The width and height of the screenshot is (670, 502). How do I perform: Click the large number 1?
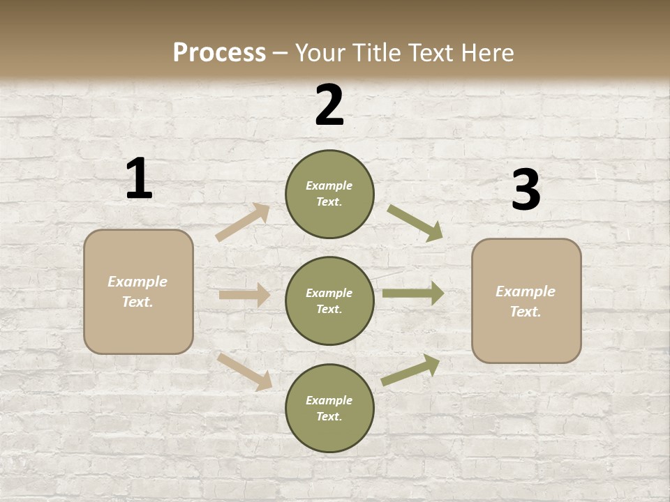139,179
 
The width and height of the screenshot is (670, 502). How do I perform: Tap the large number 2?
329,105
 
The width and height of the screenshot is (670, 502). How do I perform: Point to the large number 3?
526,190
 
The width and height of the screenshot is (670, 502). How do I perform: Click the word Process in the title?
219,52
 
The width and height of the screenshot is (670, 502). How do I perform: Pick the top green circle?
329,194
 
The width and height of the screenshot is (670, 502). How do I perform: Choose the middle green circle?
329,301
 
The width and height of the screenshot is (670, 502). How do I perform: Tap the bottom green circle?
329,409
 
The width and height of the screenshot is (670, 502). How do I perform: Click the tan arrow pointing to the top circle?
243,222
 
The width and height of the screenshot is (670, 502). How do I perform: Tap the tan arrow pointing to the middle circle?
244,295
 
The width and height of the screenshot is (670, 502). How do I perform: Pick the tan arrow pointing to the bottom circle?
244,371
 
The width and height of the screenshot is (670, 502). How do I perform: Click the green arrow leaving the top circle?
415,223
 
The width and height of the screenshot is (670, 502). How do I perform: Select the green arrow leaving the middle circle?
413,294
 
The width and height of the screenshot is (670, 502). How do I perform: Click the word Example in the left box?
137,282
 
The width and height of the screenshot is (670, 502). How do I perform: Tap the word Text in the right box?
526,312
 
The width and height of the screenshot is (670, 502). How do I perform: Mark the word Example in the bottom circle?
329,400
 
